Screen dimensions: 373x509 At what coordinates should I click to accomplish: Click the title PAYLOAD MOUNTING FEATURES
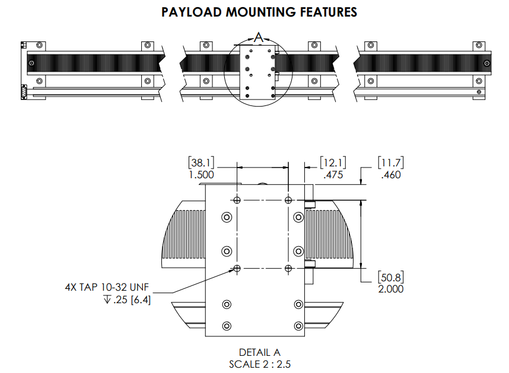(259, 12)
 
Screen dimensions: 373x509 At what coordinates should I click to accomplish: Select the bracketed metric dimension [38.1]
(201, 163)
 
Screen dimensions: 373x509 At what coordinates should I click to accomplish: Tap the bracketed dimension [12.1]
(333, 163)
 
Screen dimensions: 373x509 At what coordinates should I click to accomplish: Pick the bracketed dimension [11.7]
(390, 163)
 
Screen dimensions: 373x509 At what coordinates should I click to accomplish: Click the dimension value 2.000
(390, 288)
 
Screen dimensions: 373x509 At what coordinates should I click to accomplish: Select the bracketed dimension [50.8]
(390, 277)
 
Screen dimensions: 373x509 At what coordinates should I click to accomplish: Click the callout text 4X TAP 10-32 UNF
(107, 287)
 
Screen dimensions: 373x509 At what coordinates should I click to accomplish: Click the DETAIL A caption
(259, 353)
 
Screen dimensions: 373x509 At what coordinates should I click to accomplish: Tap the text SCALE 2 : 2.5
(259, 364)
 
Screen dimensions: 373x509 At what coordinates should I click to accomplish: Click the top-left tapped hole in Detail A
(237, 200)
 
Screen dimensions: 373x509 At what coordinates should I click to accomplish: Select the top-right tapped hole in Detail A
(288, 200)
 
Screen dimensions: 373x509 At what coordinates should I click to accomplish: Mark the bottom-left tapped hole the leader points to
(237, 269)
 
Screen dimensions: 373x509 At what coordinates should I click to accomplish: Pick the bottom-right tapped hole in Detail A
(288, 269)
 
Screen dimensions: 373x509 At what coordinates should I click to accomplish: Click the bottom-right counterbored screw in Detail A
(298, 326)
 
